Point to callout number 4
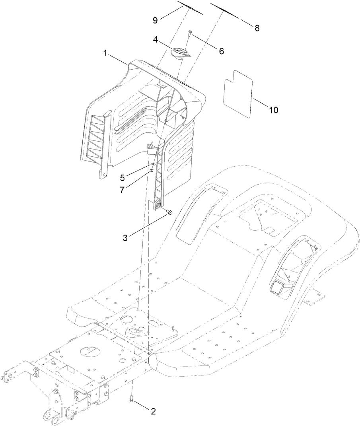pyautogui.click(x=156, y=40)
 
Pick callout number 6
pyautogui.click(x=221, y=51)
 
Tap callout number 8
pyautogui.click(x=257, y=28)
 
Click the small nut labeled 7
pyautogui.click(x=152, y=171)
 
